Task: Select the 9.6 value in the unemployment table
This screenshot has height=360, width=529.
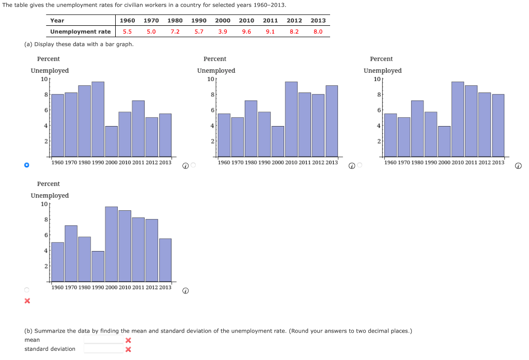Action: [x=246, y=32]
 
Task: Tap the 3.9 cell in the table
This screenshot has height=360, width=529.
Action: [x=223, y=32]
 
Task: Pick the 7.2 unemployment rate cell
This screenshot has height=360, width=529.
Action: [x=175, y=32]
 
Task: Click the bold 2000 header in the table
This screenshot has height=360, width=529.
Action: [x=223, y=21]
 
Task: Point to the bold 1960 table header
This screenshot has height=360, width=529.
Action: [x=127, y=21]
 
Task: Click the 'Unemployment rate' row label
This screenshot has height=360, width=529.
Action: [x=80, y=32]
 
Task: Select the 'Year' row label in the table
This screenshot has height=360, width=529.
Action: [x=57, y=21]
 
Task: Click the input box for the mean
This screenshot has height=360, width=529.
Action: [x=103, y=340]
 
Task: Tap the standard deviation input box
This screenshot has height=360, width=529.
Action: [x=103, y=349]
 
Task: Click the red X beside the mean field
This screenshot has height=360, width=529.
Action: [x=128, y=340]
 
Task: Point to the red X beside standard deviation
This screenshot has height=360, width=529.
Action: [x=128, y=350]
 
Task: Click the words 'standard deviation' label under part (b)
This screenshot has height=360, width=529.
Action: [x=50, y=349]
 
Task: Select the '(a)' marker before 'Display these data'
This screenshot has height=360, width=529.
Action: [x=28, y=44]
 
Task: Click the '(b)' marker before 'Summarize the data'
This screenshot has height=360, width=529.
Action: [x=29, y=331]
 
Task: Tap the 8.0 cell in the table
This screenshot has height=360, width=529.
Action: [x=318, y=32]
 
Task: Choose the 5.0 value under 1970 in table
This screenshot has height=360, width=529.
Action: [x=151, y=32]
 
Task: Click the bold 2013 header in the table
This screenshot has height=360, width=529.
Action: [x=318, y=21]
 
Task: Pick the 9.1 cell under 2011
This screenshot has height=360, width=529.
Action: [x=270, y=32]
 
